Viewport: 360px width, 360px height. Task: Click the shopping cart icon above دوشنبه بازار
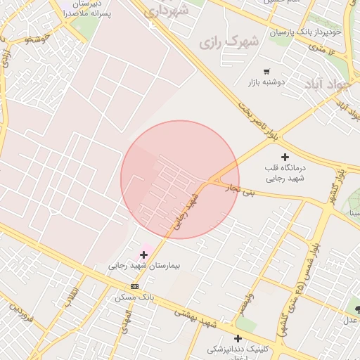(x=266, y=72)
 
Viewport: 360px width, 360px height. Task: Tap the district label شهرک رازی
(x=229, y=42)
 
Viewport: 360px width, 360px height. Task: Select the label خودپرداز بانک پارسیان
(x=305, y=32)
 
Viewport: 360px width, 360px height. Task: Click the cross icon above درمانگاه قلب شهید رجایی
(x=285, y=156)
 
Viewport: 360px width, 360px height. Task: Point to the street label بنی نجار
(x=233, y=188)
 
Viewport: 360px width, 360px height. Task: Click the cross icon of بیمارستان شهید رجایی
(x=144, y=255)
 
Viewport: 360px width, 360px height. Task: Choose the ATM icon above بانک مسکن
(x=134, y=286)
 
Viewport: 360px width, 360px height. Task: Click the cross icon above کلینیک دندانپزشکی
(x=238, y=338)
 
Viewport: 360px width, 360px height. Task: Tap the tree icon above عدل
(x=358, y=309)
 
